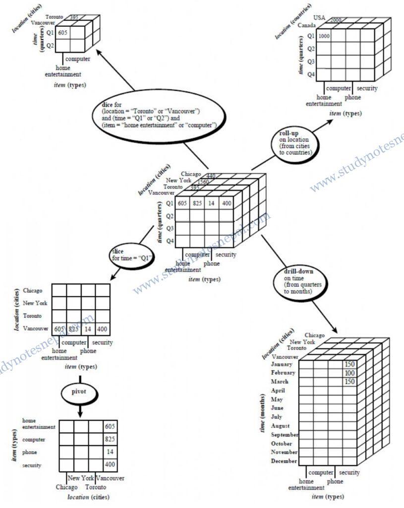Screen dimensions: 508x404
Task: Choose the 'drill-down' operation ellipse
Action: pyautogui.click(x=295, y=281)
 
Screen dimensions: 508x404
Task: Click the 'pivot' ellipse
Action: pyautogui.click(x=78, y=392)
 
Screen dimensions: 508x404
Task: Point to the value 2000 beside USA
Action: pyautogui.click(x=336, y=19)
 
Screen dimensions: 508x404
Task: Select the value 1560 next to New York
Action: pyautogui.click(x=203, y=182)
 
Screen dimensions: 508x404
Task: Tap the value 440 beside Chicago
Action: pyautogui.click(x=211, y=176)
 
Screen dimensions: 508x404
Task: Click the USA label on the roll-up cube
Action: pyautogui.click(x=319, y=18)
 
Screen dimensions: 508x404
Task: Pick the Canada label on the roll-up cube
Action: pyautogui.click(x=307, y=25)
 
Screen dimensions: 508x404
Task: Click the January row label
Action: pyautogui.click(x=283, y=364)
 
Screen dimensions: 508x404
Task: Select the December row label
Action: pyautogui.click(x=284, y=461)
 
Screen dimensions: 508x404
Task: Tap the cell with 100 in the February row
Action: pyautogui.click(x=350, y=373)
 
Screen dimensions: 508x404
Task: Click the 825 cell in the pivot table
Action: pyautogui.click(x=110, y=440)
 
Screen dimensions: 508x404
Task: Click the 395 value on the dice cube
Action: pyautogui.click(x=74, y=17)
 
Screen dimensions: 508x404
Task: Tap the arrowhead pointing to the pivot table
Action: pyautogui.click(x=79, y=413)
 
